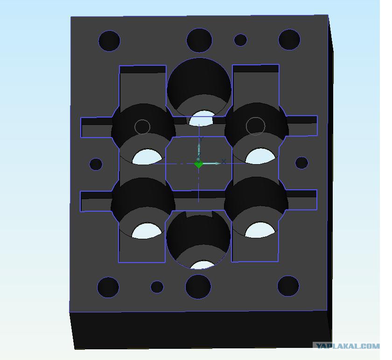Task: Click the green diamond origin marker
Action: [x=198, y=164]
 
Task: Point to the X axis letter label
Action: [x=224, y=162]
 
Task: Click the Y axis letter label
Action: [x=201, y=138]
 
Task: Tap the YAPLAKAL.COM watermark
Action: [x=348, y=346]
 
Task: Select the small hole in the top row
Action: [x=240, y=40]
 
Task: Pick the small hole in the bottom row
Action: [x=157, y=287]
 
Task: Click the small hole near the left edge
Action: [x=96, y=164]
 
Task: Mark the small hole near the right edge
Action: [x=302, y=163]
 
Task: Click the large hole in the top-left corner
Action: [x=109, y=41]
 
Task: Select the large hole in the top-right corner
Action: [x=289, y=40]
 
